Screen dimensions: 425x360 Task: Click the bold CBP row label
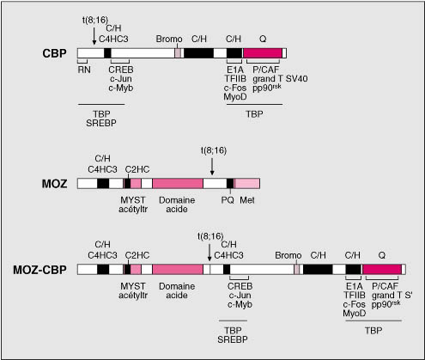pyautogui.click(x=54, y=53)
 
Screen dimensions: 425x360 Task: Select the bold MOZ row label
pyautogui.click(x=54, y=184)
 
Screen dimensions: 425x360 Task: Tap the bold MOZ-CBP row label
pyautogui.click(x=39, y=270)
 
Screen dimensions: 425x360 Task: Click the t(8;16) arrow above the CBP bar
pyautogui.click(x=94, y=35)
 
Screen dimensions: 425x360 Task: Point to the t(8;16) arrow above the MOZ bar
pyautogui.click(x=212, y=166)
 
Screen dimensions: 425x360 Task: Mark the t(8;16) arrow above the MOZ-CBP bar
pyautogui.click(x=209, y=252)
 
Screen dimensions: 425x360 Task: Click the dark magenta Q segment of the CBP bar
pyautogui.click(x=263, y=53)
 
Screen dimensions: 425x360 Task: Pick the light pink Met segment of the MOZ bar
pyautogui.click(x=247, y=183)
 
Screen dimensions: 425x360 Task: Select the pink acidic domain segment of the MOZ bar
pyautogui.click(x=178, y=183)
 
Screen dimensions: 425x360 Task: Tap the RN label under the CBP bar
pyautogui.click(x=84, y=70)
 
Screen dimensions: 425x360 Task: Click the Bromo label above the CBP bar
pyautogui.click(x=169, y=39)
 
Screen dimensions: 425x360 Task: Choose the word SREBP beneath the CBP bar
pyautogui.click(x=101, y=123)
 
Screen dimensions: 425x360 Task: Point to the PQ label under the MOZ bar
pyautogui.click(x=228, y=200)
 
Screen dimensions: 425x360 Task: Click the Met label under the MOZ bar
pyautogui.click(x=247, y=200)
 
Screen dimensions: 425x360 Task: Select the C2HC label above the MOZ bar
pyautogui.click(x=137, y=169)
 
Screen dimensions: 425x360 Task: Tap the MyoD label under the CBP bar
pyautogui.click(x=235, y=97)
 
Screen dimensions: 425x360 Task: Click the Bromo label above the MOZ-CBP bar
pyautogui.click(x=288, y=255)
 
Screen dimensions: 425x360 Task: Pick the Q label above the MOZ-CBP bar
pyautogui.click(x=382, y=255)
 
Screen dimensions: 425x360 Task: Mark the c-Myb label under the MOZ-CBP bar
pyautogui.click(x=240, y=304)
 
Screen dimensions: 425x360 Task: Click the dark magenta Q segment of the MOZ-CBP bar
pyautogui.click(x=382, y=270)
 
